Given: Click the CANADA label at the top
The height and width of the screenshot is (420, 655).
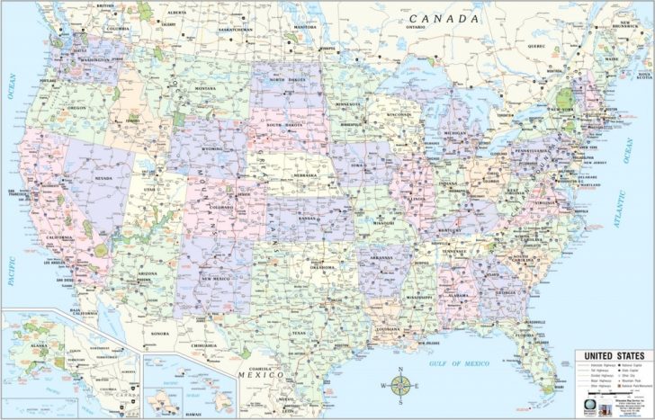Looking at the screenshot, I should coord(445,18).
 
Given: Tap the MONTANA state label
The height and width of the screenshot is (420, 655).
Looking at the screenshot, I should coord(205,88).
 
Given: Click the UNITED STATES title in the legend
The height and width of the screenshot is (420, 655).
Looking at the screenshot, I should coord(612,357).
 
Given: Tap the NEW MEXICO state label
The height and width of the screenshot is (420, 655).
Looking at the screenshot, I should coord(220,279).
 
